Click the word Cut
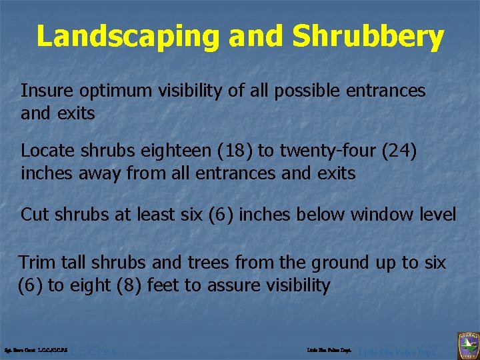33,215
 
